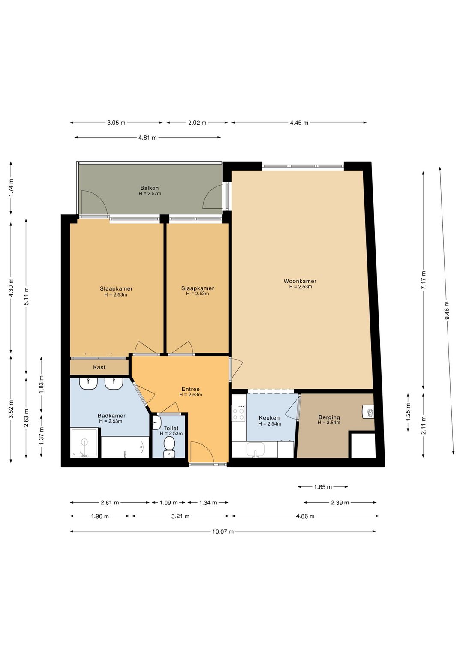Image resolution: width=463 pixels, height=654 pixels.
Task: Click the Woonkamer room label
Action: (300, 281)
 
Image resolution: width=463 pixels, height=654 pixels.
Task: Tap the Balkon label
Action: (149, 188)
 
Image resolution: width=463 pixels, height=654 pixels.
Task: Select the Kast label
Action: (99, 367)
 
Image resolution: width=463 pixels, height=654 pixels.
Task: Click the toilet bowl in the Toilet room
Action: (169, 446)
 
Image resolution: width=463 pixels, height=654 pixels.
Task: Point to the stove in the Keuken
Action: (239, 413)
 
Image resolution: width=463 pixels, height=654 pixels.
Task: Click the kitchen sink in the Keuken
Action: (256, 450)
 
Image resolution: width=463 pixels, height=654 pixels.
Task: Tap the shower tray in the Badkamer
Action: (84, 443)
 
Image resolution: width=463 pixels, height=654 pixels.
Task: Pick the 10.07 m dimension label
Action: (223, 531)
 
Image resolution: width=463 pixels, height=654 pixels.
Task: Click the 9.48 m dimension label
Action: (447, 310)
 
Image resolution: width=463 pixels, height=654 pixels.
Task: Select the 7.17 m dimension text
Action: (423, 280)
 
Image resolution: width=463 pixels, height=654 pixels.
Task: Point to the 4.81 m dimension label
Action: (148, 138)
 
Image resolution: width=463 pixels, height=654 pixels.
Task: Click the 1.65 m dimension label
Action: (323, 487)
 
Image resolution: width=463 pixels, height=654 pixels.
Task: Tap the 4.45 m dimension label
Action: (299, 123)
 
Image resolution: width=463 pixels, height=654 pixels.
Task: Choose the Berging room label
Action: (329, 417)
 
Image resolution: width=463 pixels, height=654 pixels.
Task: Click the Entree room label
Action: (191, 389)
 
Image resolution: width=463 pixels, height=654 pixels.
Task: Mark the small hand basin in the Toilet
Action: (156, 423)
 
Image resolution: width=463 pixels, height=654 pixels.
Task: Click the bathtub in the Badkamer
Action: (125, 447)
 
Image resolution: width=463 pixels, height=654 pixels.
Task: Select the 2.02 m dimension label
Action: (197, 123)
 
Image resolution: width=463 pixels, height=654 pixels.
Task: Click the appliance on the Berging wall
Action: (368, 412)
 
